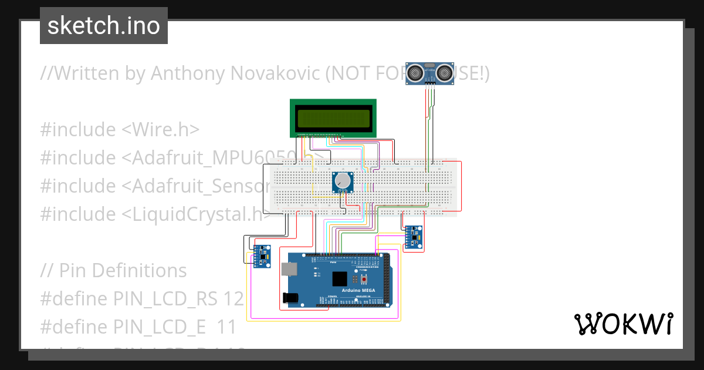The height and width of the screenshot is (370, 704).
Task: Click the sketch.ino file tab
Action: pyautogui.click(x=104, y=26)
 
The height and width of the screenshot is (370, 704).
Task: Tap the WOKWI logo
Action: pyautogui.click(x=623, y=324)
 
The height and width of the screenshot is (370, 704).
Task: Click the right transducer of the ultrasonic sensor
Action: pyautogui.click(x=443, y=73)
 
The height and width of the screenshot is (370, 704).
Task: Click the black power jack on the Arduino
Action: pyautogui.click(x=290, y=298)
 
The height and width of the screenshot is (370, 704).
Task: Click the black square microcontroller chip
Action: pyautogui.click(x=339, y=280)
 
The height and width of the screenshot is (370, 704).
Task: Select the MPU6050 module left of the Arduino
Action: pyautogui.click(x=261, y=256)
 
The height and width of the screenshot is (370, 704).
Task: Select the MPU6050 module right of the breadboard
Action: pyautogui.click(x=413, y=237)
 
